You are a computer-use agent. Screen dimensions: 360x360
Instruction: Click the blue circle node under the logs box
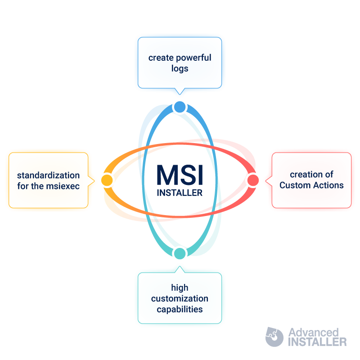[180, 107]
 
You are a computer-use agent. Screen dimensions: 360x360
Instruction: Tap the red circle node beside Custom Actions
[253, 180]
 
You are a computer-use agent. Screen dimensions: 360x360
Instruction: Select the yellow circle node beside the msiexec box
[107, 180]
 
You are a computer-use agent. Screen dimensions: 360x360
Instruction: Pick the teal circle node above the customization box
[180, 253]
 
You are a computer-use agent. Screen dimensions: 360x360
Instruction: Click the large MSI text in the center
[180, 175]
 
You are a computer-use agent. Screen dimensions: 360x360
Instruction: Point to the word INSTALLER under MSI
[180, 193]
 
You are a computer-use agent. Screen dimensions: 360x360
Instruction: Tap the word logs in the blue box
[180, 69]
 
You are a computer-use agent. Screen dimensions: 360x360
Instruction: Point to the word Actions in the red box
[328, 185]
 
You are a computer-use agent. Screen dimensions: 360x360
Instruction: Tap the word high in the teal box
[180, 288]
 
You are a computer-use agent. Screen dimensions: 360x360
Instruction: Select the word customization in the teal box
[180, 298]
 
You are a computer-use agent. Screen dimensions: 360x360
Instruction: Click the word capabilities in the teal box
[180, 310]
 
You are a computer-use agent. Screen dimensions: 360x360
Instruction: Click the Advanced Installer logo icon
[274, 337]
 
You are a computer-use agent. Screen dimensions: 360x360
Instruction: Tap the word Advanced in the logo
[314, 332]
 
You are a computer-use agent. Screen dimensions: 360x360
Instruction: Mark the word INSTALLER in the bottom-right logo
[317, 342]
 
